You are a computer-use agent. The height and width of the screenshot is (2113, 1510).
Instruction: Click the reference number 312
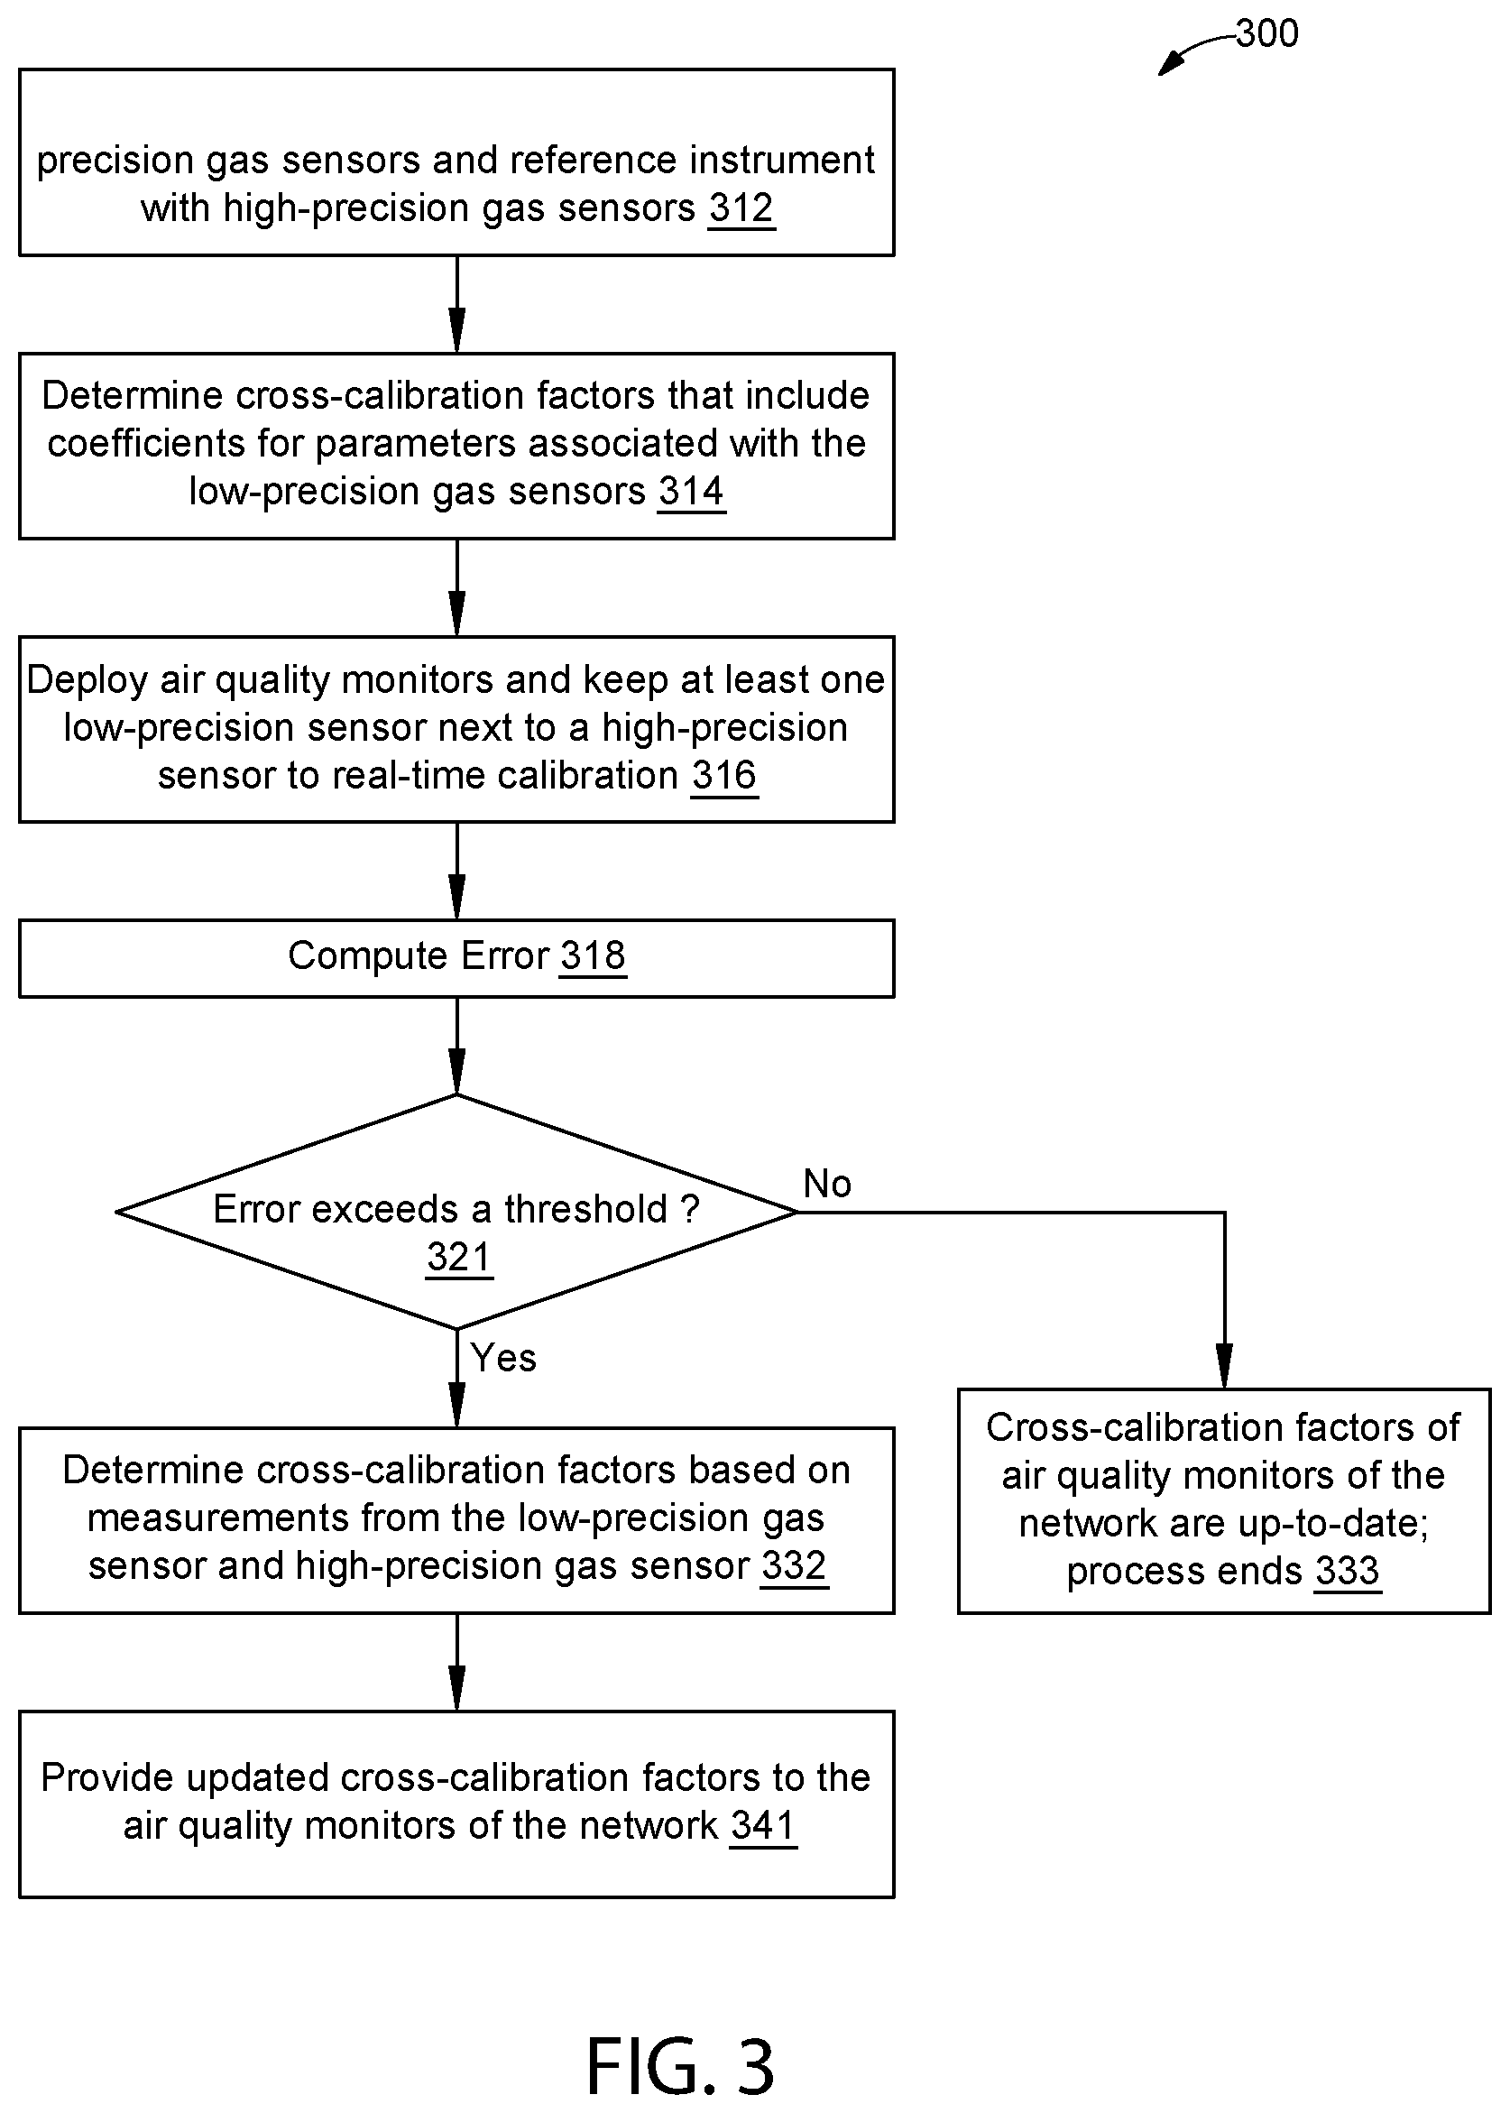tap(741, 208)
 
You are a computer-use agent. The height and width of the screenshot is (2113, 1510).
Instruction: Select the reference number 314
tap(691, 491)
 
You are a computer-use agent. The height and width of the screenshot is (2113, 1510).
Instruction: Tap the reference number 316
tap(724, 776)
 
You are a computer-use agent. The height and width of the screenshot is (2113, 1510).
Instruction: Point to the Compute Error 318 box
tap(456, 959)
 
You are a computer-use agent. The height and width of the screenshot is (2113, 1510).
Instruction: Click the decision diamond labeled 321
tap(456, 1212)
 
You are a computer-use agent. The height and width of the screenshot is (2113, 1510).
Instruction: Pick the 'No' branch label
tap(826, 1184)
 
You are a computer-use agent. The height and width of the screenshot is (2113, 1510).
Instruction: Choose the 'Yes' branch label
tap(503, 1358)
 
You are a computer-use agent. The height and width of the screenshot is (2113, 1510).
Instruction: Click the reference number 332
tap(793, 1566)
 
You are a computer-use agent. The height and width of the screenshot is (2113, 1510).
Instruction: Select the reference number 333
tap(1348, 1572)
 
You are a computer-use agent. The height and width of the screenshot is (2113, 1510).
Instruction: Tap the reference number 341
tap(763, 1825)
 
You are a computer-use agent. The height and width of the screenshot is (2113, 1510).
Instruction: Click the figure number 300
tap(1266, 34)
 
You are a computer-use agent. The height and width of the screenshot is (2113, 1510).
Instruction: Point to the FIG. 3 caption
tap(681, 2065)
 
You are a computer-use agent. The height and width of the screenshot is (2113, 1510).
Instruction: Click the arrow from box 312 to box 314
tap(456, 304)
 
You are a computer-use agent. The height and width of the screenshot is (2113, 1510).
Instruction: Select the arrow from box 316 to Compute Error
tap(456, 872)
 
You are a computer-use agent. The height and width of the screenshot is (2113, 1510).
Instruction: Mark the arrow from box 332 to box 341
tap(456, 1662)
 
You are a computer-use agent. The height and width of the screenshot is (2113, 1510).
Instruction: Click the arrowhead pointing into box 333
tap(1225, 1367)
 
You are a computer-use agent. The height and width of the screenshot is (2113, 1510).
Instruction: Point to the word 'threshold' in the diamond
tap(585, 1209)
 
